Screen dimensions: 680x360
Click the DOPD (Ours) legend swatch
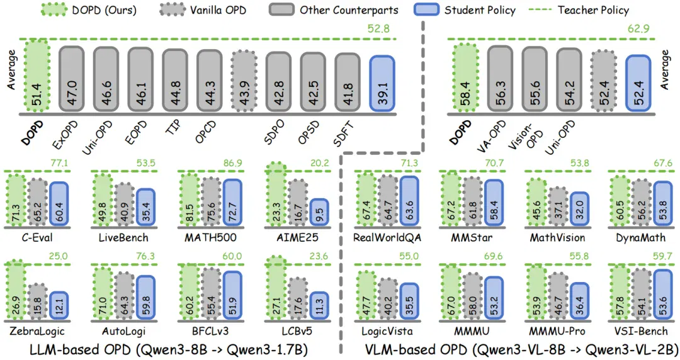[x=54, y=9]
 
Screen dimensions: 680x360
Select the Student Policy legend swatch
[x=426, y=9]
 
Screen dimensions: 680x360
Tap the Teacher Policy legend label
[x=593, y=10]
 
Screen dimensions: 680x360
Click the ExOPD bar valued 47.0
[x=72, y=79]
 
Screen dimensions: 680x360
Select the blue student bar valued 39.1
[x=382, y=83]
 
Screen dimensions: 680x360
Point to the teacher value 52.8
[x=378, y=28]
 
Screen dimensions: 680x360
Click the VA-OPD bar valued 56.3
[x=500, y=78]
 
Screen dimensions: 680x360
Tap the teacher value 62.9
[x=638, y=28]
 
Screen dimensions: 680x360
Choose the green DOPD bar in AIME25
[x=276, y=194]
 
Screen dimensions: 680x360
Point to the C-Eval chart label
[x=37, y=238]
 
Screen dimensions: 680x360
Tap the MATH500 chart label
[x=210, y=238]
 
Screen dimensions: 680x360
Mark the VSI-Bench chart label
[x=641, y=332]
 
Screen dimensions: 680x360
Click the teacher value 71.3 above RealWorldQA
[x=409, y=163]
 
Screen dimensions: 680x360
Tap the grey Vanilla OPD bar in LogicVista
[x=387, y=300]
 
